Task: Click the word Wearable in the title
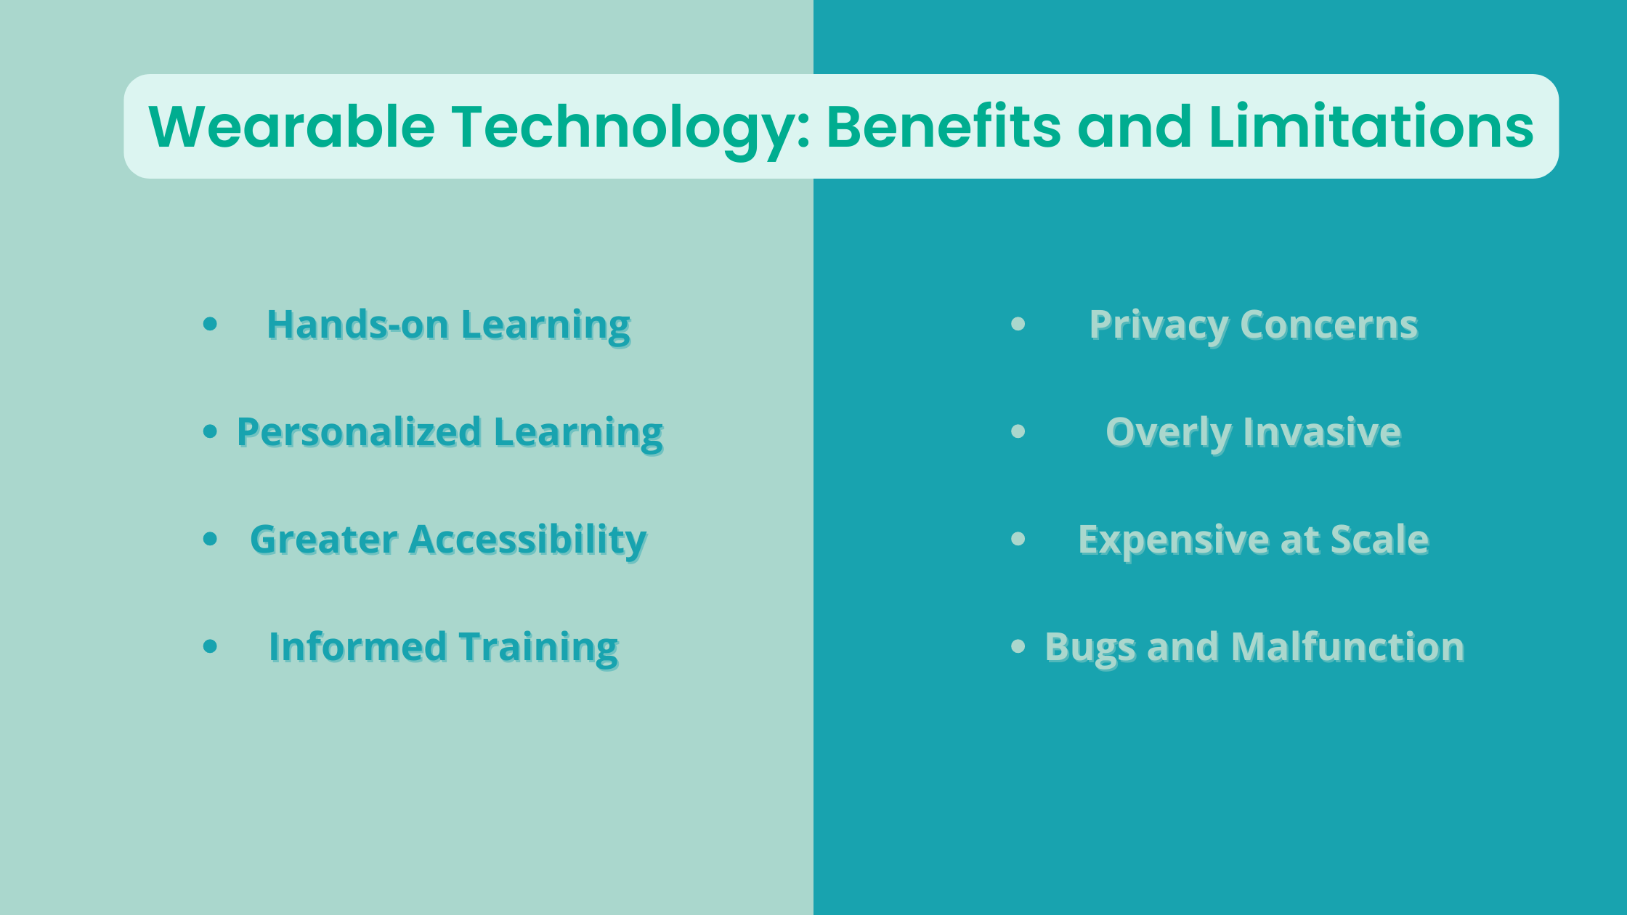click(292, 126)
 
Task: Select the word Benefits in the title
click(944, 126)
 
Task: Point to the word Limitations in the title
click(1371, 126)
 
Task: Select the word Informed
click(357, 646)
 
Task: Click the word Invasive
click(1322, 432)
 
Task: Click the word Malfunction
click(1347, 646)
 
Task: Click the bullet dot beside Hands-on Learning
click(211, 324)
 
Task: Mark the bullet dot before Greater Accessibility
click(211, 539)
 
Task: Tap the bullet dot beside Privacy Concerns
click(1018, 324)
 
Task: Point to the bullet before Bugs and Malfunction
click(1018, 646)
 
